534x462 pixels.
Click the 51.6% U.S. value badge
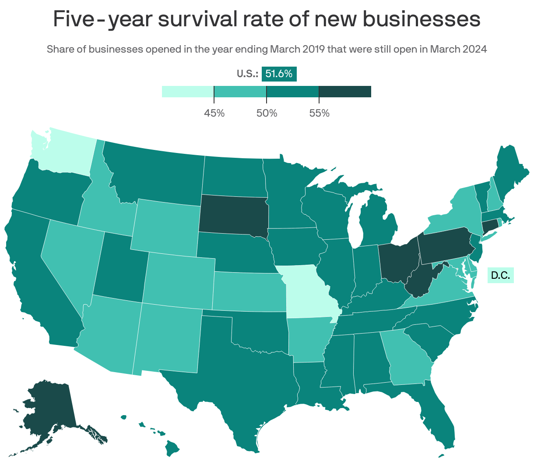pyautogui.click(x=279, y=74)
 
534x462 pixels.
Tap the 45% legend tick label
pyautogui.click(x=214, y=113)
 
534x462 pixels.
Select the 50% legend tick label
pyautogui.click(x=267, y=113)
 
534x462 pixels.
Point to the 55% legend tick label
pyautogui.click(x=319, y=113)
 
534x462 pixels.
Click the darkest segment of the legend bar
pyautogui.click(x=345, y=91)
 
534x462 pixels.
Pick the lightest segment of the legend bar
pyautogui.click(x=187, y=91)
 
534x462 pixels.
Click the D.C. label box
pyautogui.click(x=500, y=275)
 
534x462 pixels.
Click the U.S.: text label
pyautogui.click(x=247, y=74)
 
